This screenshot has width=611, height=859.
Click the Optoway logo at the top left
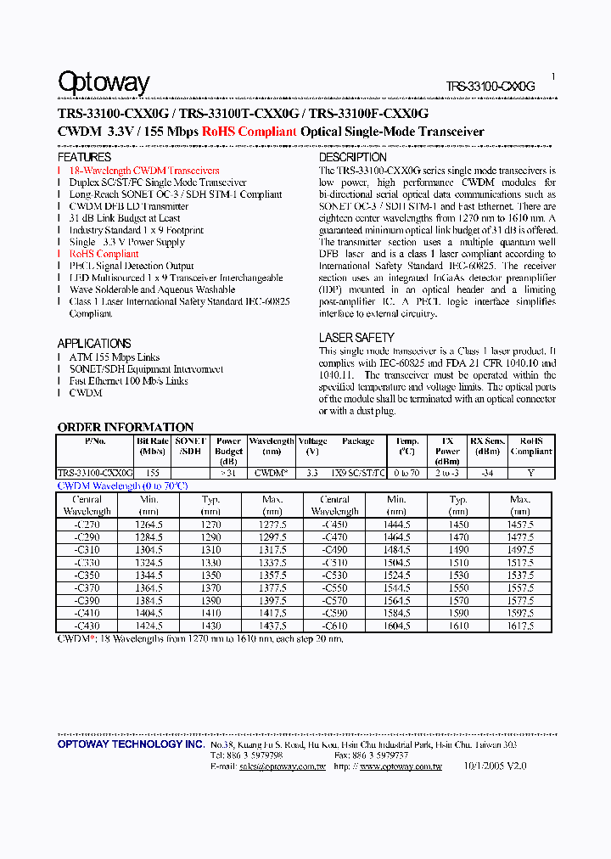tap(104, 82)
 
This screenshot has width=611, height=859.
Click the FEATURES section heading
tap(84, 157)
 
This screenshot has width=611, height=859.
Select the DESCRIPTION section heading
tap(352, 157)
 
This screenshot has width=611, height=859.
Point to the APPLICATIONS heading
tap(94, 343)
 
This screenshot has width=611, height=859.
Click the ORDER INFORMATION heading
tap(126, 427)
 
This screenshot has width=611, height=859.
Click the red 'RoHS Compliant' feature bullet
tap(104, 254)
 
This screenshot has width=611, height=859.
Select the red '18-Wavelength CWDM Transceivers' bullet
tap(144, 171)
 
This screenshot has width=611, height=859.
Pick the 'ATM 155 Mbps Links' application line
tap(115, 357)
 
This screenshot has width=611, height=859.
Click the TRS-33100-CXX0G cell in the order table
tap(95, 473)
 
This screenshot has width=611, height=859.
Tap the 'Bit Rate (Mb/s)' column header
tap(152, 446)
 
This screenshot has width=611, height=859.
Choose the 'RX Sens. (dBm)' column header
tap(488, 446)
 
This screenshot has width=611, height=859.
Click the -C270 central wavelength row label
tap(87, 525)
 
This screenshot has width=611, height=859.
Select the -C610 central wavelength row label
tap(334, 626)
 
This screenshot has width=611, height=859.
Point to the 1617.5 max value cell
tap(520, 626)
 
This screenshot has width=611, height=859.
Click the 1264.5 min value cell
tap(149, 525)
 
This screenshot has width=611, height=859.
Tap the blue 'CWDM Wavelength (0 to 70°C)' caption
tap(122, 486)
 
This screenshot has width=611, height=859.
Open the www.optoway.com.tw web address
tap(401, 766)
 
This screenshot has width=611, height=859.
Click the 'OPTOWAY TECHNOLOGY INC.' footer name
tap(131, 744)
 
